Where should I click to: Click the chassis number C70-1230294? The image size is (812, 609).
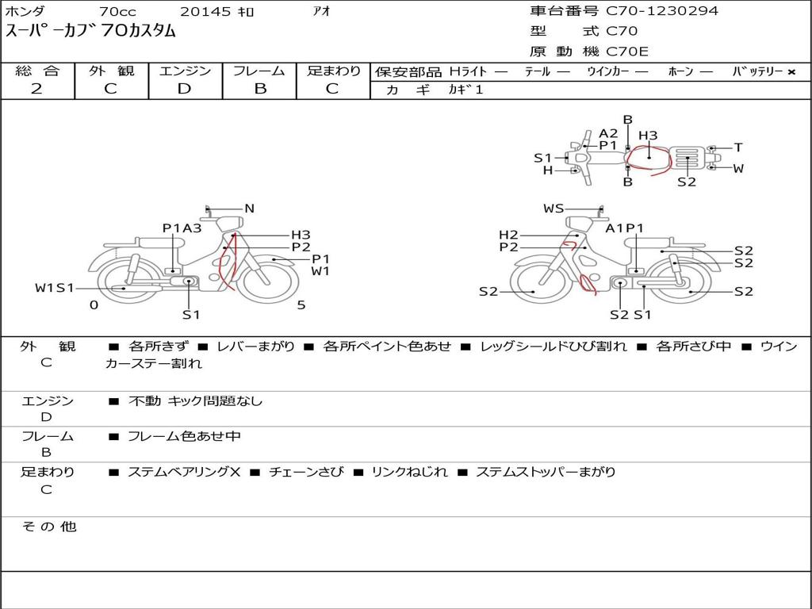pos(662,10)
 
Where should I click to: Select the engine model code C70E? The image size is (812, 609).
pos(626,52)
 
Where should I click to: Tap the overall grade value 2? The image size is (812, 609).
pos(36,89)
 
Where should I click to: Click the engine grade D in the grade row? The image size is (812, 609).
pos(184,89)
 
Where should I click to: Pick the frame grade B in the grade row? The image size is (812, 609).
pos(260,89)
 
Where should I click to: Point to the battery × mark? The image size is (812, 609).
pos(791,72)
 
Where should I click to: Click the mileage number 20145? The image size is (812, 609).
pos(205,11)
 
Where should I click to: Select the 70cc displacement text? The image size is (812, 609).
pos(117,11)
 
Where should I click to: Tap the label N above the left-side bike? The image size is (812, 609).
pos(250,209)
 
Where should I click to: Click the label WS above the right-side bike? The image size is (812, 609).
pos(553,209)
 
